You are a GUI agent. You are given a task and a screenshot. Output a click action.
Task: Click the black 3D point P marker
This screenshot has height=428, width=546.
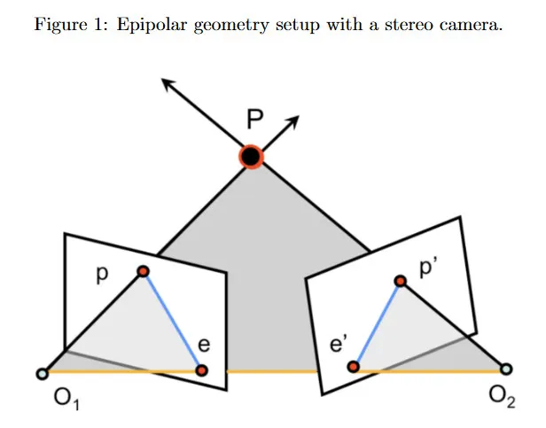point(252,157)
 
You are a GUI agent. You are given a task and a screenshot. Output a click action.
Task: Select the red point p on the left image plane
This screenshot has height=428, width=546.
point(143,271)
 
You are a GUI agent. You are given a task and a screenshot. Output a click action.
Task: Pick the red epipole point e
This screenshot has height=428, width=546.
point(202,370)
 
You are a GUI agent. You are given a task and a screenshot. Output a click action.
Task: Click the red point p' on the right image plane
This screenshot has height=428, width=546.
point(400,280)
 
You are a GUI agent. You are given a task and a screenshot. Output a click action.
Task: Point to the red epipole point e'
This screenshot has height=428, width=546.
point(353,366)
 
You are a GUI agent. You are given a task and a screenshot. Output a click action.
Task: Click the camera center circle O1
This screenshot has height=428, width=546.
point(41,374)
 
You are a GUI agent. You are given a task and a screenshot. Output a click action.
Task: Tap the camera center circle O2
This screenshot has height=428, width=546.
point(505,368)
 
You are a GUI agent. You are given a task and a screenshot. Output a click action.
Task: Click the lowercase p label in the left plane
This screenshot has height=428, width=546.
point(101,276)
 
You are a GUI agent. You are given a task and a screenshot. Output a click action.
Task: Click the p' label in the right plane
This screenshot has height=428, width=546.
point(430,268)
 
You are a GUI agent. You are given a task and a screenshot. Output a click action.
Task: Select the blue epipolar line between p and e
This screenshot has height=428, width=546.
point(173,321)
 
